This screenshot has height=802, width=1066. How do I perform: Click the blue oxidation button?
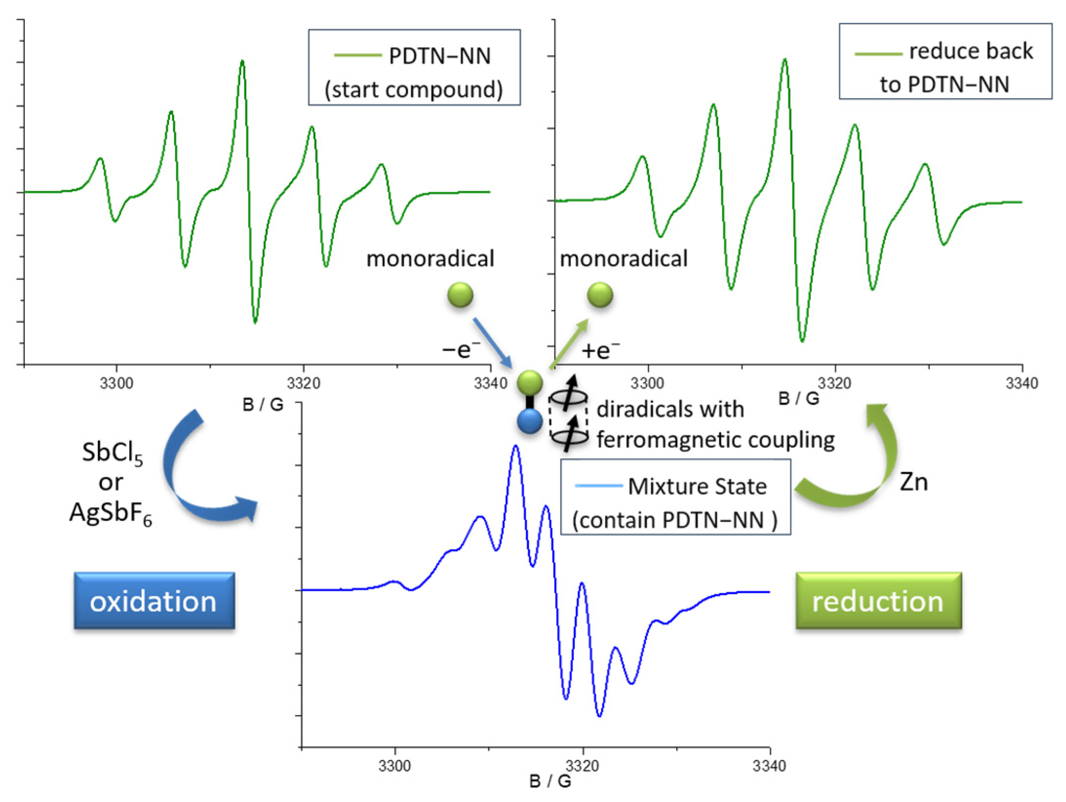(154, 600)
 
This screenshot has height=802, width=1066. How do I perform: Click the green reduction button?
(878, 600)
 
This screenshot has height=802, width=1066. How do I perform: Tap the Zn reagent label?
(913, 482)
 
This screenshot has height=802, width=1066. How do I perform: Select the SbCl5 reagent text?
(112, 453)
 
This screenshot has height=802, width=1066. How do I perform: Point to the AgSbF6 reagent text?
(111, 513)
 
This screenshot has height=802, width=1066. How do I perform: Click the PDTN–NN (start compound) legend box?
(414, 67)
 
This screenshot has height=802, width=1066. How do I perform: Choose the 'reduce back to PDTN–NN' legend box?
(945, 61)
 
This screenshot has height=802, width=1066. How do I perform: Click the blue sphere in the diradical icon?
(530, 421)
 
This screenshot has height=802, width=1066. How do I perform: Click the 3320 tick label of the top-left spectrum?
(303, 383)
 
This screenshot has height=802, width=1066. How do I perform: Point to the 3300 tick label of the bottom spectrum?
(395, 766)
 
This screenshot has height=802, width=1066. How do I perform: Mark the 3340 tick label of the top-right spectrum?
(1022, 383)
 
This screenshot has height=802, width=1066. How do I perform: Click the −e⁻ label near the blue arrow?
(461, 349)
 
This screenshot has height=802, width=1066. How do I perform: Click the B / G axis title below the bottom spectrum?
(550, 782)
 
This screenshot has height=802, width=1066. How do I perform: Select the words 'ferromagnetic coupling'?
(715, 440)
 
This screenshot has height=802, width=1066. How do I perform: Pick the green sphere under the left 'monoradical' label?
(460, 295)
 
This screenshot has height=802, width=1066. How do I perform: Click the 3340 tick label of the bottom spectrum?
(769, 766)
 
